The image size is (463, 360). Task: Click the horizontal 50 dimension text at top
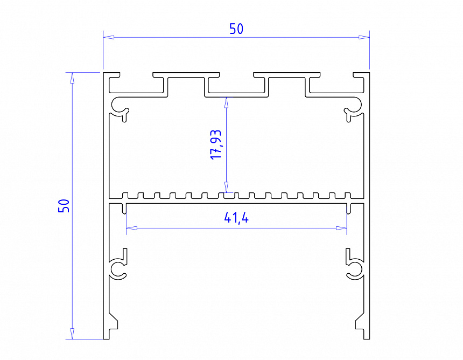tap(236, 29)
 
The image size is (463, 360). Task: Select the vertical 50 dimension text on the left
tap(64, 205)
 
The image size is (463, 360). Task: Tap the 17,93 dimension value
tap(216, 144)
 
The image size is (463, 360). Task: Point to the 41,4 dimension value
tap(236, 218)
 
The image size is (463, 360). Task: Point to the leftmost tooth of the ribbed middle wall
tap(127, 195)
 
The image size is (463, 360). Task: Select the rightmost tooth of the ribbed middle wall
tap(348, 195)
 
